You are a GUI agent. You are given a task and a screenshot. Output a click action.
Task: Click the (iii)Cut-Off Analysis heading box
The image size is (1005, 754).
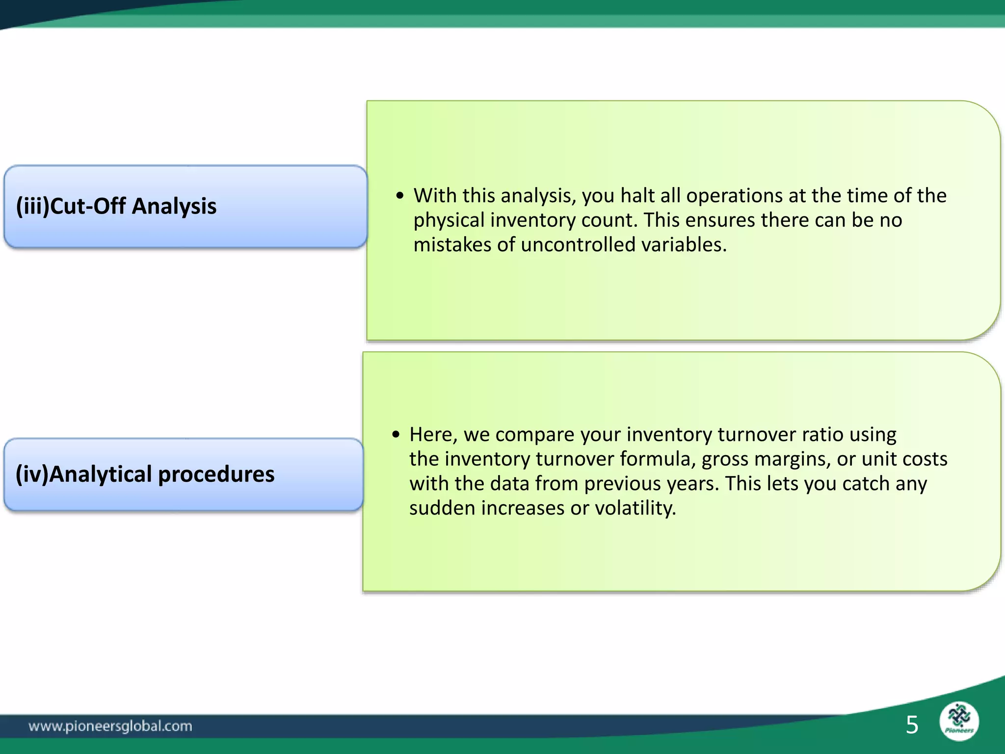tap(185, 206)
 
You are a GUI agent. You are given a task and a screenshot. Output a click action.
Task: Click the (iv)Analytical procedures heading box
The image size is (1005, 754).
tap(184, 474)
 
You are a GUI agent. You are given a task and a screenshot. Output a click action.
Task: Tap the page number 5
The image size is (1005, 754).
tap(912, 725)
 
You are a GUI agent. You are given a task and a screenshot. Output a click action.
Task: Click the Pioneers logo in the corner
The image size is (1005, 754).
tap(959, 721)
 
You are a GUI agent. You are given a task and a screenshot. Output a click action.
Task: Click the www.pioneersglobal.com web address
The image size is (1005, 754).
tap(110, 726)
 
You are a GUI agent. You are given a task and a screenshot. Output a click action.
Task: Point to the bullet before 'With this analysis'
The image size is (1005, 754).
tap(400, 196)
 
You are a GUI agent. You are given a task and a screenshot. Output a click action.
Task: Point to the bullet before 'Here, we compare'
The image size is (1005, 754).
tap(396, 435)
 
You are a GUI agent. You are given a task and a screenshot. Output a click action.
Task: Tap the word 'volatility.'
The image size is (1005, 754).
tap(635, 508)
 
